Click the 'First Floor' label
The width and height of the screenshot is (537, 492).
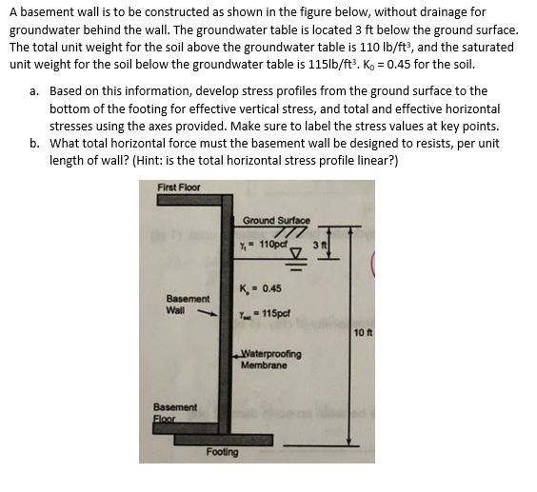click(179, 187)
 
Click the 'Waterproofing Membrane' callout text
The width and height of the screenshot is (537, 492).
click(272, 359)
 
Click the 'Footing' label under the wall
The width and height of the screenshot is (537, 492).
click(222, 452)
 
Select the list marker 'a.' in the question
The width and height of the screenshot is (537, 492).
click(34, 91)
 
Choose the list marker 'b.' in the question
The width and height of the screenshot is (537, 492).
click(34, 143)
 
